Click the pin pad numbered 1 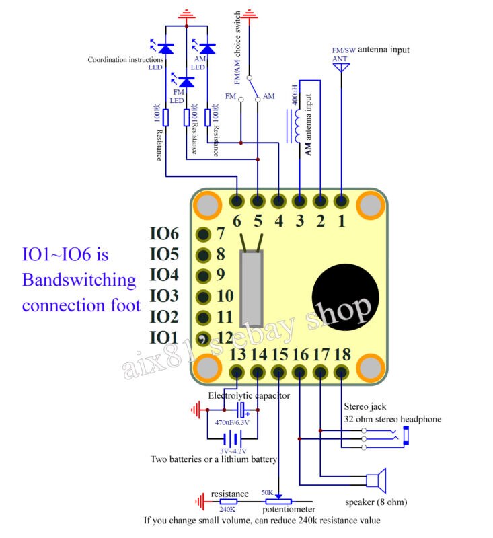[x=342, y=200]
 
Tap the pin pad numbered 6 [x=237, y=200]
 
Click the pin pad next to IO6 [x=200, y=234]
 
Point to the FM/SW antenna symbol [x=341, y=67]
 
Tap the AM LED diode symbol [x=207, y=48]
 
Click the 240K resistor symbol [x=229, y=501]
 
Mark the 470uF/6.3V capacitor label [x=232, y=422]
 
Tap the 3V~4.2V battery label [x=233, y=451]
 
